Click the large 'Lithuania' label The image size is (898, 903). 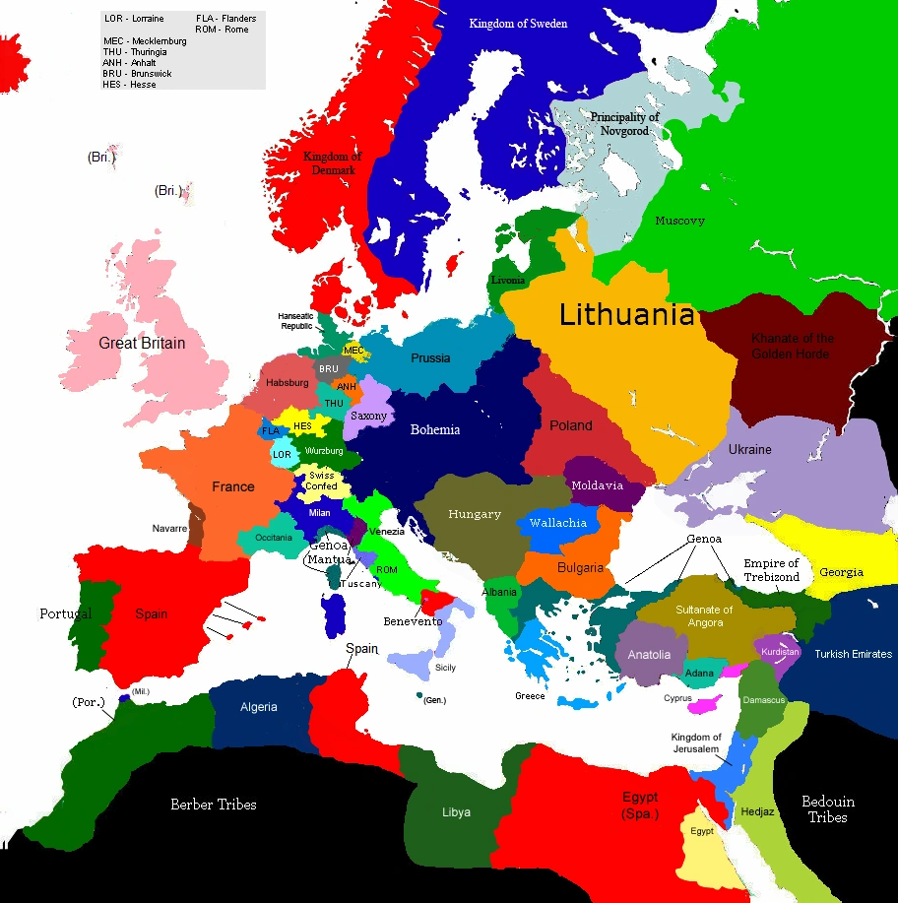point(626,315)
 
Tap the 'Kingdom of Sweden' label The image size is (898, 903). point(518,24)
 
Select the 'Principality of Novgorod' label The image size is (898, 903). point(625,124)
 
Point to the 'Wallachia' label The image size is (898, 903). point(558,523)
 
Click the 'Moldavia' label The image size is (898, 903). point(598,485)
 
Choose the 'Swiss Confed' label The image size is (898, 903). point(322,481)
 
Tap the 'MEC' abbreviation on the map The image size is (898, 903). point(353,351)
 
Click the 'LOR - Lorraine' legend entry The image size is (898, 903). point(134,19)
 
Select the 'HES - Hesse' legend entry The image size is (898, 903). point(130,85)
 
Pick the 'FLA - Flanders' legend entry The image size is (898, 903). point(225,19)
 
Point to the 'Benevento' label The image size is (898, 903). point(413,621)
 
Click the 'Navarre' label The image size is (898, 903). point(169,529)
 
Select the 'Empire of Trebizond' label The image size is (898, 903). point(772,570)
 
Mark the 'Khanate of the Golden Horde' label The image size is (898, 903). point(792,346)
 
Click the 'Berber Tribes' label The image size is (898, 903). point(214,805)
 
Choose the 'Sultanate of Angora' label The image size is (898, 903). point(705,616)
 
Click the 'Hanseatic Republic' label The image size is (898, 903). point(295,321)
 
